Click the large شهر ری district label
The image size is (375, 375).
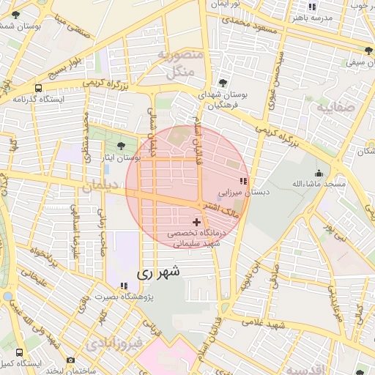[x=157, y=272]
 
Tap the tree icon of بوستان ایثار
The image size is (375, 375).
[x=121, y=146]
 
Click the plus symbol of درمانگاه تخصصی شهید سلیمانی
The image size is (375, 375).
[x=196, y=221]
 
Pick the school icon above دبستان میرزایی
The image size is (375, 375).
[x=243, y=181]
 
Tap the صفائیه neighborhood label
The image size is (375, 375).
[x=335, y=108]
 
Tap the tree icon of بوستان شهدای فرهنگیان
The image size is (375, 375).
[x=223, y=83]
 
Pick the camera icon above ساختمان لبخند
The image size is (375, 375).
[x=70, y=360]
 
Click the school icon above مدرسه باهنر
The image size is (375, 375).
[x=313, y=7]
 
